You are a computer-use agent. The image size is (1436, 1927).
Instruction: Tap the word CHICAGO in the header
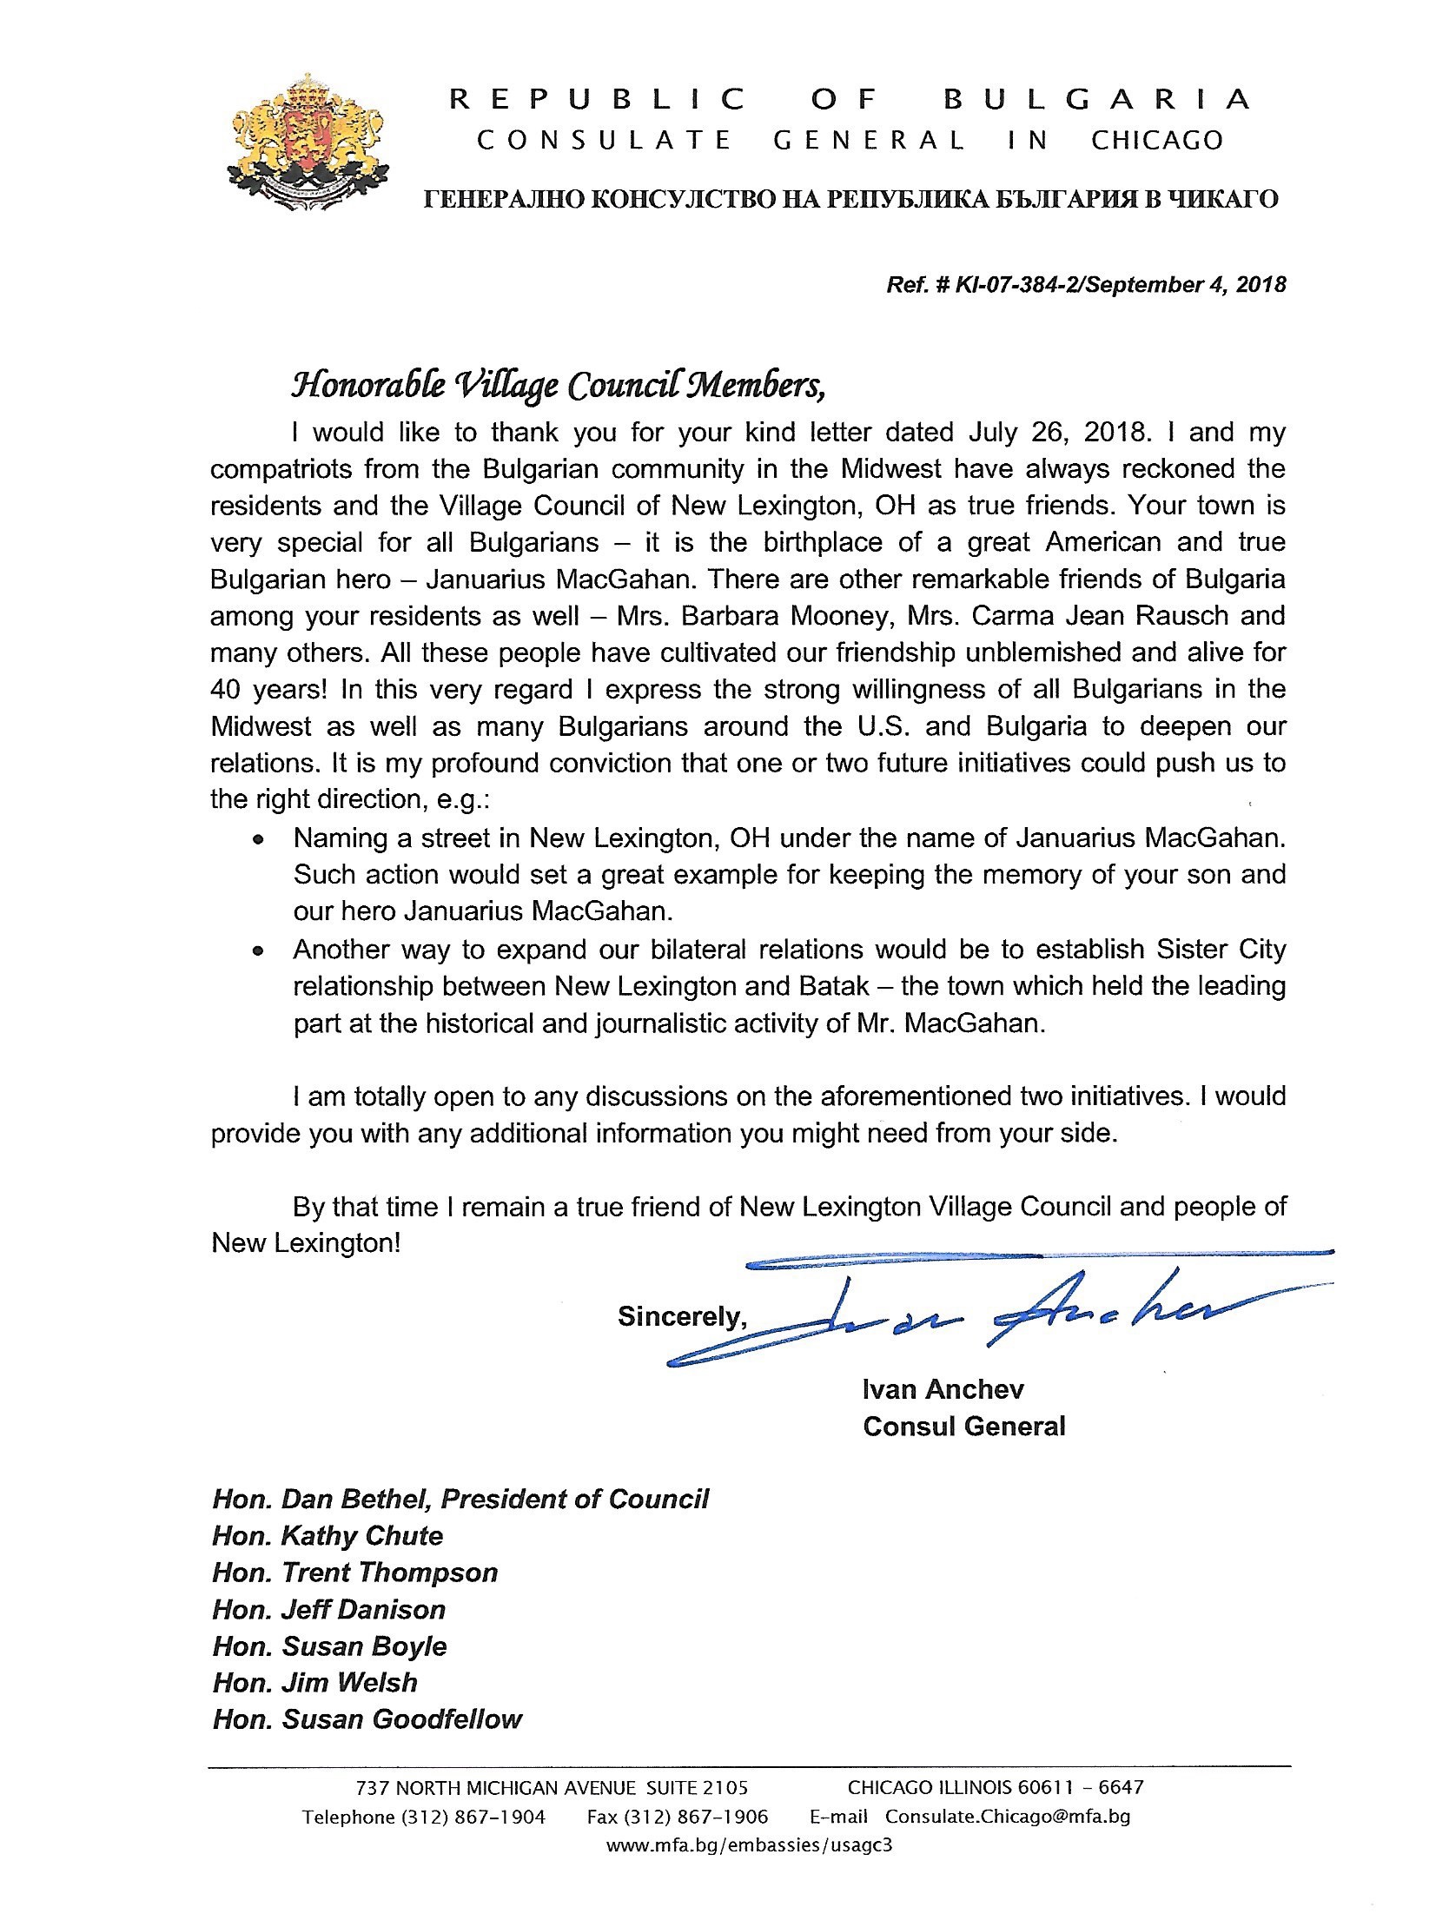(x=1156, y=141)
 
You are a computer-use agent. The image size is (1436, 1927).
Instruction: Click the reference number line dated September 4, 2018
(x=1086, y=284)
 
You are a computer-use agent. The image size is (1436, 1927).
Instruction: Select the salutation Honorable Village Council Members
(x=558, y=385)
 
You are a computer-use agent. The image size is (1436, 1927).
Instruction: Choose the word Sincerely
(x=681, y=1317)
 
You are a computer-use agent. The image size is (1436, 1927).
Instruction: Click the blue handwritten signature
(x=1000, y=1313)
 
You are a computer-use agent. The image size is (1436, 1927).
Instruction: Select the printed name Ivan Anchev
(x=943, y=1389)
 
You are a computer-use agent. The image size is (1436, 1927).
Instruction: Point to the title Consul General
(x=963, y=1427)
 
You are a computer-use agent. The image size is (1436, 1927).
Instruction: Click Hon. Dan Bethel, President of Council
(x=460, y=1500)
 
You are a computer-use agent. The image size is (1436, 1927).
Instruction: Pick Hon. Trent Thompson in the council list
(x=354, y=1573)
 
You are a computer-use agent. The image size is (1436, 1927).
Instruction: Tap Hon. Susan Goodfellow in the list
(x=367, y=1719)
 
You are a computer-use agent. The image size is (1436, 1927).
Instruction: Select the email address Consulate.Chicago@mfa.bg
(x=1008, y=1817)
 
